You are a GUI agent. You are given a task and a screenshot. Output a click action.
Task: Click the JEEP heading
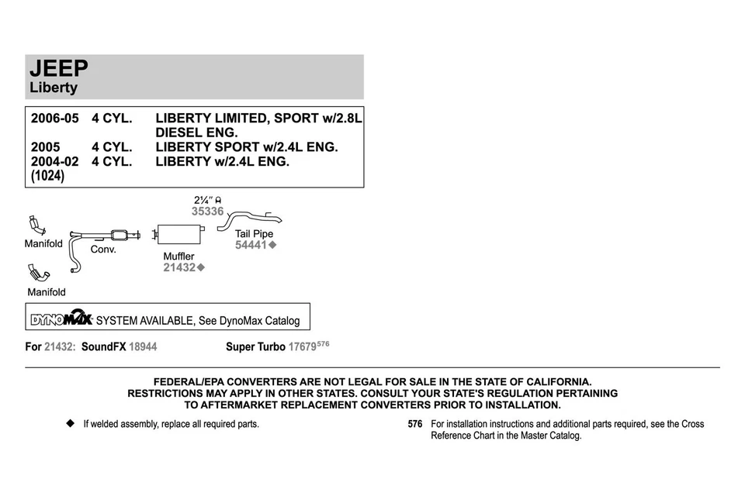coord(59,69)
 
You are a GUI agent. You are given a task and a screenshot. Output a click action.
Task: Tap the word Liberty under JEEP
coord(54,88)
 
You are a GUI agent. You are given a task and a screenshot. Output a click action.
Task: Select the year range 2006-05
coord(55,119)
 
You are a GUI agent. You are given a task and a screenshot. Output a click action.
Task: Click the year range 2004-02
coord(55,162)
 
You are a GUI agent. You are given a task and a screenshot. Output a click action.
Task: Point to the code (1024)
coord(47,177)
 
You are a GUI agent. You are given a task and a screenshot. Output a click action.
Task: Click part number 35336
coord(207,211)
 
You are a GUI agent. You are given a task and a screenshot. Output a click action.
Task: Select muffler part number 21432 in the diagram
coord(180,267)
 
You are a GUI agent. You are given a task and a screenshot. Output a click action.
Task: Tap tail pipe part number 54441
coord(251,245)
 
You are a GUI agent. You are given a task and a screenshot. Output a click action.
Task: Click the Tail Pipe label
coord(254,233)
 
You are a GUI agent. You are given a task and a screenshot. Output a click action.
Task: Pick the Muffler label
coord(178,256)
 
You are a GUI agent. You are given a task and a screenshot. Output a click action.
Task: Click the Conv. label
coord(103,250)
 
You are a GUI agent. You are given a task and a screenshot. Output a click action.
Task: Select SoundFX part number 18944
coord(143,346)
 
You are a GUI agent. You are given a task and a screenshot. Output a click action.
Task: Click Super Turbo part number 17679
coord(302,346)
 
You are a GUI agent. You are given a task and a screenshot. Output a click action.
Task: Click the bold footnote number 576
coord(415,424)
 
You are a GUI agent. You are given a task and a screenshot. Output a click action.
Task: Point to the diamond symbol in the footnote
coord(71,424)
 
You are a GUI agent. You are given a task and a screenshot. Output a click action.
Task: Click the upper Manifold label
coord(43,243)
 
